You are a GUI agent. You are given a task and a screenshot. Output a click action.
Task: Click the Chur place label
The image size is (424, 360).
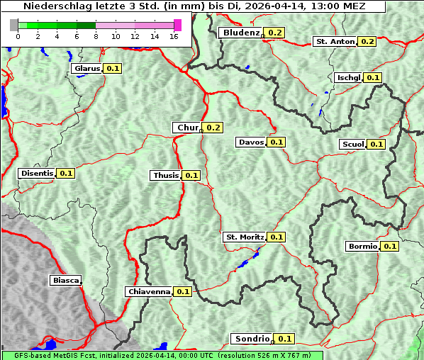pos(187,128)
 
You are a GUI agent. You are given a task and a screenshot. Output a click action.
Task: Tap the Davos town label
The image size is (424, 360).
pos(251,142)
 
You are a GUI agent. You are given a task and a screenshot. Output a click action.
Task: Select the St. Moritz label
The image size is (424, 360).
pos(244,237)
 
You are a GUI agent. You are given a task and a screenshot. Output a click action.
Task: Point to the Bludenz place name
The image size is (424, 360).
pos(240,33)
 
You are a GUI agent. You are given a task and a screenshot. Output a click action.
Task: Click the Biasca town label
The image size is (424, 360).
pos(65,281)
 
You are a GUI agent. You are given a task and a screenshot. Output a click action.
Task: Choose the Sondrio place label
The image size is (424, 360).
pos(252,339)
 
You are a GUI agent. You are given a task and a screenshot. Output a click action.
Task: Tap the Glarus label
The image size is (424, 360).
pos(87,68)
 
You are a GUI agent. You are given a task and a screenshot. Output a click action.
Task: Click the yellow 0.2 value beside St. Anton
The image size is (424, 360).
pos(367,41)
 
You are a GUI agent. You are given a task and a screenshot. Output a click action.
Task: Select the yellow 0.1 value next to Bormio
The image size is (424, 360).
pos(390,247)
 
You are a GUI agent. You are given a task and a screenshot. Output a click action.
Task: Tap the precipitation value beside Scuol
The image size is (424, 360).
pos(376,144)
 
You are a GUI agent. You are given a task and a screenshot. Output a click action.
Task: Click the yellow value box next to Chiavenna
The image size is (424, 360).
pos(183,291)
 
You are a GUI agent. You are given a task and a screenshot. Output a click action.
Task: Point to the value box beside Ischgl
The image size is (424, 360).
pos(374,77)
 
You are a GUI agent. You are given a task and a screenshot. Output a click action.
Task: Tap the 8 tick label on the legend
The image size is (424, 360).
pos(96,36)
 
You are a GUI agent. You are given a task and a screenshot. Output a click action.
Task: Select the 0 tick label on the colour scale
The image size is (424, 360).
pos(17,36)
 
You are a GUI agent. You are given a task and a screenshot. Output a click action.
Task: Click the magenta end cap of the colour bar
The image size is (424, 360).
pos(177,26)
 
